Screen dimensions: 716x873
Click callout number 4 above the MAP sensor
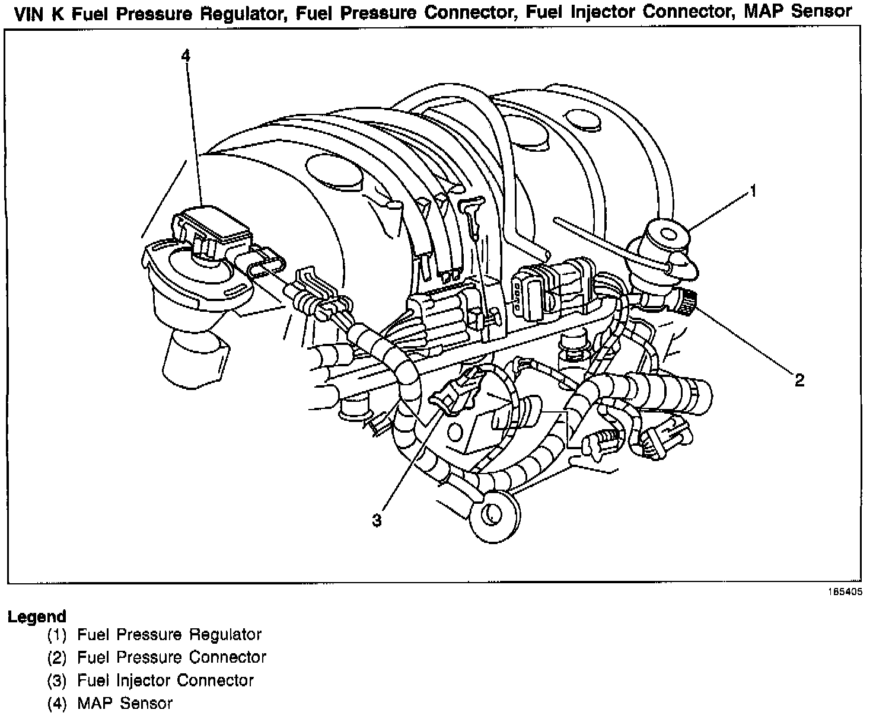click(186, 56)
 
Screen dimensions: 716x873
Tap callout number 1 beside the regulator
click(753, 191)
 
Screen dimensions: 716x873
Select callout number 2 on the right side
click(799, 380)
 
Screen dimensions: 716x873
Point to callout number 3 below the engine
click(377, 520)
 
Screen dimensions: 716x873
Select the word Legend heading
click(37, 616)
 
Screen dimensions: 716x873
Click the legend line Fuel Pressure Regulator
click(170, 635)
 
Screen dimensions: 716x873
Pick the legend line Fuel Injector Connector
click(165, 680)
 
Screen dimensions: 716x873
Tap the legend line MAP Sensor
click(125, 704)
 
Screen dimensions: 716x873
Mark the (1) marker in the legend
click(58, 635)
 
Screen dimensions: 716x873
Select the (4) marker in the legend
click(58, 704)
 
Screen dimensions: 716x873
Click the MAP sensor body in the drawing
click(211, 228)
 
